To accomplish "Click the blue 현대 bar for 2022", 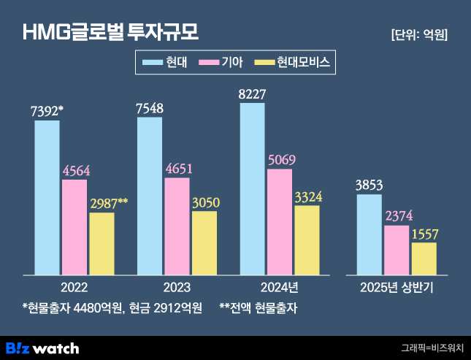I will coord(47,197).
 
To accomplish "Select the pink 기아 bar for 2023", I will coord(177,226).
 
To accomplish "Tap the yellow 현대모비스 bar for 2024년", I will coord(307,240).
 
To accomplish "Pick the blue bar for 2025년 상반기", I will coord(369,234).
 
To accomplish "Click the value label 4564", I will coord(74,170).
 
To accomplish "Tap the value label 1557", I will coord(424,234).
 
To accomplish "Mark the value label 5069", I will coord(282,160).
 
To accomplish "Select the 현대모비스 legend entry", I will coord(292,63).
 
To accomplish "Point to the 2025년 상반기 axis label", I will coord(397,287).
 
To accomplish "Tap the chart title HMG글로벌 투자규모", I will coord(110,32).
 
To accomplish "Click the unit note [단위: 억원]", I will coord(419,34).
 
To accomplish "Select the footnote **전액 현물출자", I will coord(259,307).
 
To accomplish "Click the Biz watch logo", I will coord(42,348).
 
